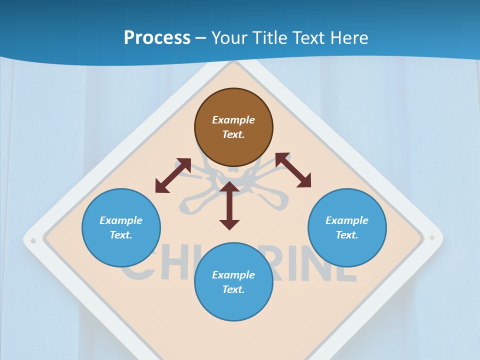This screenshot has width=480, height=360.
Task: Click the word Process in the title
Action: pos(157,38)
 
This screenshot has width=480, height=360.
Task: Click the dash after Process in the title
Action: pos(201,38)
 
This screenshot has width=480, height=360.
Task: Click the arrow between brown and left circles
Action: pos(173,175)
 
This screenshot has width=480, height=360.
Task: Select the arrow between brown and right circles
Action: pos(293,170)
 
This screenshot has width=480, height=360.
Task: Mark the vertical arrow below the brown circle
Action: pos(229,205)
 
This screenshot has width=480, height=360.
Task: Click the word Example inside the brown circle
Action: pos(233,120)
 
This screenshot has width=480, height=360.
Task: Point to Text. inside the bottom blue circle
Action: pos(233,289)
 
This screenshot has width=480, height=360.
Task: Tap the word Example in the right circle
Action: pos(347,220)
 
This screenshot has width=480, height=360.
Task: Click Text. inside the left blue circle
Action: pos(121,235)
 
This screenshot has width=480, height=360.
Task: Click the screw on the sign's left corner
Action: pos(33,241)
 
